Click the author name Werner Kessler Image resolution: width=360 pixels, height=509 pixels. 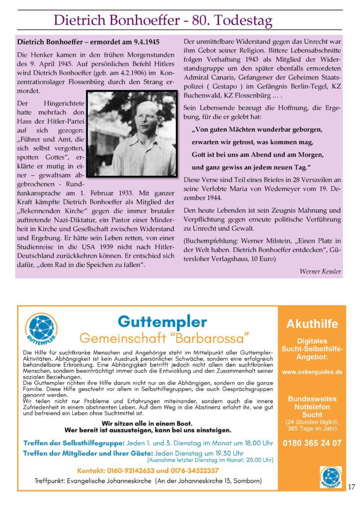320,271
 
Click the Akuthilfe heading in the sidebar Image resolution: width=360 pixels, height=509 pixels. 312,324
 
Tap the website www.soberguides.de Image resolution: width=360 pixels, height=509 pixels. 312,371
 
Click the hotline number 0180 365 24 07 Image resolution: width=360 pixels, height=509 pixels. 312,443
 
